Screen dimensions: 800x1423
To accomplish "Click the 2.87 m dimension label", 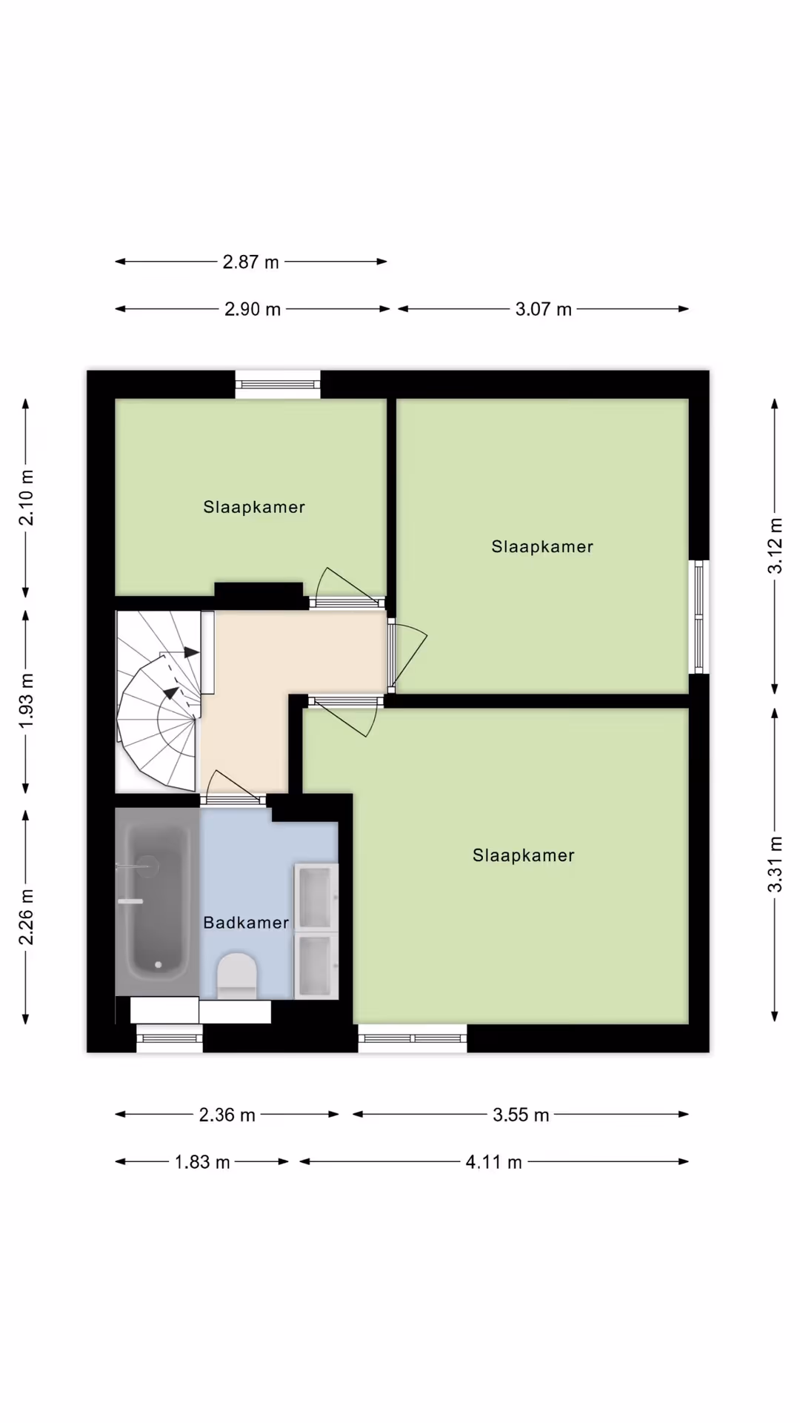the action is click(x=251, y=262).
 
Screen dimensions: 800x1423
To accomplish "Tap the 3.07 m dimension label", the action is click(x=544, y=309).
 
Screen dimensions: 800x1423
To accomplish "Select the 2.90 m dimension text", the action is click(x=253, y=309).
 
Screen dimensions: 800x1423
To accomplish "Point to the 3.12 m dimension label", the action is click(x=775, y=546).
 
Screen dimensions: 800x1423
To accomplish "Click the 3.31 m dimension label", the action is click(x=775, y=864).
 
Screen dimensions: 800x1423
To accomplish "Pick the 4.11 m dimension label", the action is click(x=493, y=1162).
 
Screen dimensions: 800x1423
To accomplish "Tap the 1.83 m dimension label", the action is click(x=202, y=1162).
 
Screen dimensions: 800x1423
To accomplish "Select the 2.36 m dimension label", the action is click(x=227, y=1115).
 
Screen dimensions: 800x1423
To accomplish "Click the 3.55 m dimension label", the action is click(x=521, y=1115).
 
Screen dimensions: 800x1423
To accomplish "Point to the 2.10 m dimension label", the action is click(x=26, y=497).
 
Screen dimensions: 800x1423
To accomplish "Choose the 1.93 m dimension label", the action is click(x=26, y=700).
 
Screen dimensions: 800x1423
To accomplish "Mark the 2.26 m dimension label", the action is click(x=26, y=917).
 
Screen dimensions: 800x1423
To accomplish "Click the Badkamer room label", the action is click(x=246, y=923).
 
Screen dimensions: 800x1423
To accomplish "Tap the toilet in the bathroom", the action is click(x=236, y=975).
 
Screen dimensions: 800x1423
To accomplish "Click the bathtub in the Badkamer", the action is click(x=157, y=902).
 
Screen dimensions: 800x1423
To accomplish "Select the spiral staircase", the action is click(x=158, y=700).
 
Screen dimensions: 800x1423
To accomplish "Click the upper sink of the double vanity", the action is click(x=316, y=897).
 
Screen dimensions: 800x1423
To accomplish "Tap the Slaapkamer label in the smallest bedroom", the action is click(x=254, y=507).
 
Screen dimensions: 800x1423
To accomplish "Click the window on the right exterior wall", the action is click(x=699, y=617).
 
